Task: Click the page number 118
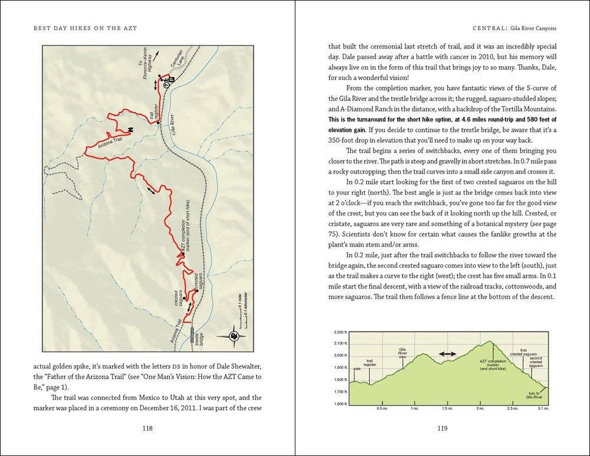[x=148, y=428]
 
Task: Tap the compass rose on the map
[x=235, y=336]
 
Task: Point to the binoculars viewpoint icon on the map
[x=130, y=130]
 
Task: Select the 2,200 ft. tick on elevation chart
[x=339, y=331]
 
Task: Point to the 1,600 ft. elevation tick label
[x=339, y=405]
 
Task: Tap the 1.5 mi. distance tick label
[x=447, y=408]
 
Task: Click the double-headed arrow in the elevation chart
[x=447, y=354]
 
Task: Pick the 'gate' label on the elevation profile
[x=356, y=369]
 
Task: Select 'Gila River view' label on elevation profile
[x=403, y=353]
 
